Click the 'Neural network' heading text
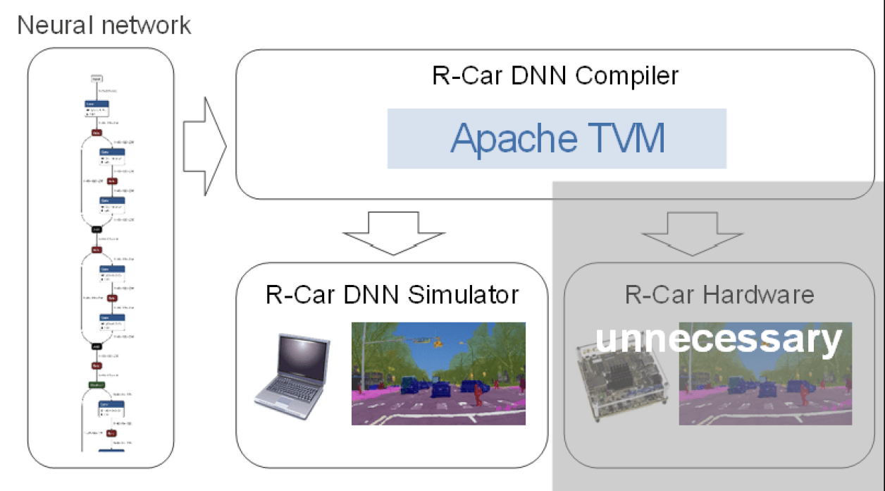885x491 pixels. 104,25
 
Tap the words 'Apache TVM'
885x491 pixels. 557,138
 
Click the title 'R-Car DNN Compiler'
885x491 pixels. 556,75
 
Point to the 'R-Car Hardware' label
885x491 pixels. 719,294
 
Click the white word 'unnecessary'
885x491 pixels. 719,339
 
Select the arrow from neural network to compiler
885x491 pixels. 204,147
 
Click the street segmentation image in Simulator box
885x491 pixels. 438,373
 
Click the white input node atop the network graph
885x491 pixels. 97,78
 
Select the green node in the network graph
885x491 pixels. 97,385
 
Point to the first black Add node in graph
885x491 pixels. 97,229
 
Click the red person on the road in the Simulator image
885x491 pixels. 478,394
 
